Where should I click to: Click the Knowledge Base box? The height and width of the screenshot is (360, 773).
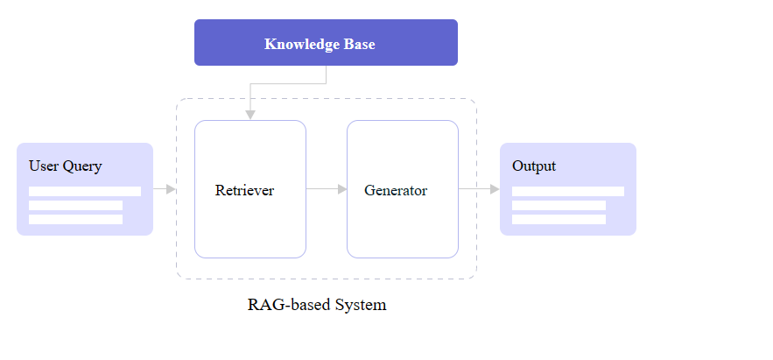(x=326, y=42)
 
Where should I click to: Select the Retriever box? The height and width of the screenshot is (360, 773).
(x=249, y=219)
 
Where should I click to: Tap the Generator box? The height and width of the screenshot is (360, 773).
(x=402, y=219)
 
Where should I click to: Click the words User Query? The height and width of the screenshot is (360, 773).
(x=65, y=166)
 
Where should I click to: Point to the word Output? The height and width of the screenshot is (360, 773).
(x=534, y=166)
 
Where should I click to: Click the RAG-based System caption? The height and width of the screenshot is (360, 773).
(x=317, y=305)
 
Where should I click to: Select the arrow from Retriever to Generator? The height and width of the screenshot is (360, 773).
(x=327, y=188)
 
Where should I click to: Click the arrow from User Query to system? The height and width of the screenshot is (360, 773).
(x=165, y=188)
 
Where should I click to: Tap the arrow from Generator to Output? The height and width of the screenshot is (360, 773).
(x=479, y=188)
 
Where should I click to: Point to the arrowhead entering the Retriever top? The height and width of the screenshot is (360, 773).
(x=250, y=115)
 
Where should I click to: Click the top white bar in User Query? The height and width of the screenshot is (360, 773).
(x=84, y=191)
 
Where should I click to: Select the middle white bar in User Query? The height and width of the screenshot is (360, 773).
(x=75, y=205)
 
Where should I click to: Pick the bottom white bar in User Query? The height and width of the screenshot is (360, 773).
(x=75, y=219)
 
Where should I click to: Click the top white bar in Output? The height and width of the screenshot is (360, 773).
(x=567, y=191)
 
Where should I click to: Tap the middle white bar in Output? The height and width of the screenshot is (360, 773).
(x=559, y=205)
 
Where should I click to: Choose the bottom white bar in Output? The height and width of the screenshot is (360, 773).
(x=559, y=219)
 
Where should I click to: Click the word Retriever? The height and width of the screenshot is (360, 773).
(x=244, y=190)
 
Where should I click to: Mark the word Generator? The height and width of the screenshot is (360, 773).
(x=396, y=190)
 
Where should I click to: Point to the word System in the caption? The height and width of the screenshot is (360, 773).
(x=360, y=305)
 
